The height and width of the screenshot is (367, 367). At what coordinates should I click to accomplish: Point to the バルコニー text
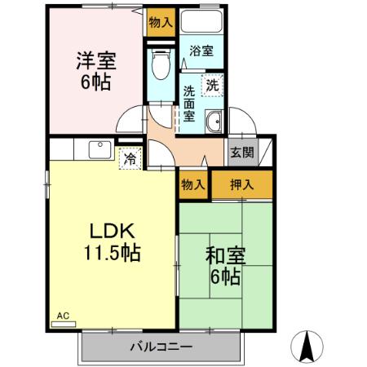tap(161, 347)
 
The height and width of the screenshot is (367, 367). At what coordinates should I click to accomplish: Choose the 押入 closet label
tap(241, 185)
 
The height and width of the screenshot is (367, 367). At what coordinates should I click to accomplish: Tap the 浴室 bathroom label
tap(201, 51)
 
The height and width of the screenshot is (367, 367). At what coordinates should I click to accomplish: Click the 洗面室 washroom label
tap(189, 103)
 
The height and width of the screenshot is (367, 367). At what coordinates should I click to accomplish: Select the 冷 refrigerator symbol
tap(130, 158)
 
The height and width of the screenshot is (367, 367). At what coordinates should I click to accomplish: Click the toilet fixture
tap(160, 62)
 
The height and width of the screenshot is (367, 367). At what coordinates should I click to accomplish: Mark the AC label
tap(63, 314)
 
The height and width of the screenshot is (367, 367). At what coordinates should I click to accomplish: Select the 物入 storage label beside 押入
tap(193, 185)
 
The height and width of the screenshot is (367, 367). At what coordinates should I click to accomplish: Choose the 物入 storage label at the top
tap(161, 23)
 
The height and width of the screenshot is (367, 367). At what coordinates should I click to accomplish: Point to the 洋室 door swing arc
tap(128, 122)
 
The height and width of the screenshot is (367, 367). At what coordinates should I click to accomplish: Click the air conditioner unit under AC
tap(62, 323)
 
